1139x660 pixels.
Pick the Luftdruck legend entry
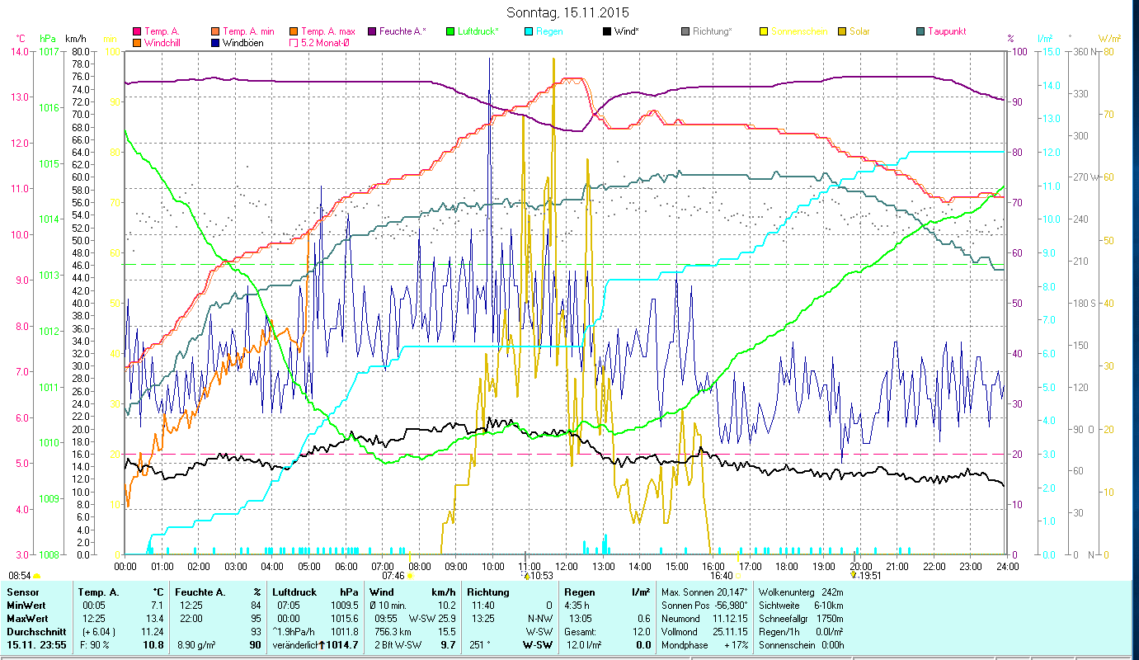click(473, 31)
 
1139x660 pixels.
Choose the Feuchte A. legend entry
click(402, 31)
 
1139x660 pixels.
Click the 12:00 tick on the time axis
click(567, 567)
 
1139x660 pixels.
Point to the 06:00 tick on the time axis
click(346, 567)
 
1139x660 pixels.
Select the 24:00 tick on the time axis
click(1006, 567)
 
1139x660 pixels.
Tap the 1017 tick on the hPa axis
click(49, 51)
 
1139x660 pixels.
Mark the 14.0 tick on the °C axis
click(18, 51)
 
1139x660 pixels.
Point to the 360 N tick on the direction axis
click(1083, 52)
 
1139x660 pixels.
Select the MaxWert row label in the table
click(26, 618)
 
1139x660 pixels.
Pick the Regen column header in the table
click(579, 592)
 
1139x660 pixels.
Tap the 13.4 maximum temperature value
click(154, 618)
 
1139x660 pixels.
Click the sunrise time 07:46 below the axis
click(393, 576)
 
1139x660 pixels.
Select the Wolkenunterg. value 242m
click(833, 592)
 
